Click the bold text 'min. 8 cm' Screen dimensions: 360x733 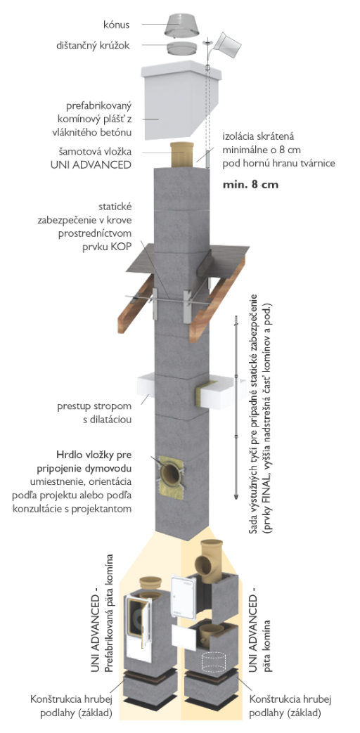coord(250,184)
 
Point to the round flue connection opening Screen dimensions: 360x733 coord(171,474)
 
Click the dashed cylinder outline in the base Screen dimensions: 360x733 coord(214,661)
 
